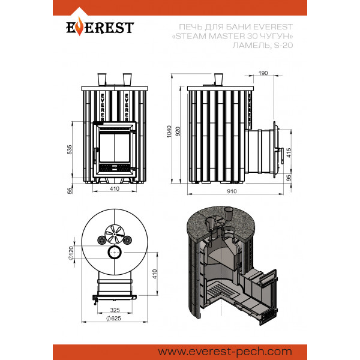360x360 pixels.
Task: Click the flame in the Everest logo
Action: pyautogui.click(x=79, y=26)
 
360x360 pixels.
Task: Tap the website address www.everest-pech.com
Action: pyautogui.click(x=225, y=352)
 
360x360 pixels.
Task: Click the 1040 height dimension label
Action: pyautogui.click(x=169, y=131)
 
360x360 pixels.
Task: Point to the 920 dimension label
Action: pyautogui.click(x=178, y=131)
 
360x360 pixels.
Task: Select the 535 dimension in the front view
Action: pyautogui.click(x=70, y=149)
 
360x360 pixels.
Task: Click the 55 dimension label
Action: pyautogui.click(x=70, y=191)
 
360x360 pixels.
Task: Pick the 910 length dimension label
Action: pyautogui.click(x=232, y=191)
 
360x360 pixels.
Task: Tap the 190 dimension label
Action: pyautogui.click(x=263, y=73)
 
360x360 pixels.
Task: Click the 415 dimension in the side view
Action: pyautogui.click(x=289, y=152)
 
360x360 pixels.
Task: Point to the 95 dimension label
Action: pyautogui.click(x=289, y=178)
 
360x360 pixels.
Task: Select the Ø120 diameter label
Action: pyautogui.click(x=71, y=253)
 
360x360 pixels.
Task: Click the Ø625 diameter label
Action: pyautogui.click(x=113, y=318)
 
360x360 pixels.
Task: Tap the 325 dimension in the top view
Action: pyautogui.click(x=115, y=310)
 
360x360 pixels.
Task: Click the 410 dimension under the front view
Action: pyautogui.click(x=115, y=189)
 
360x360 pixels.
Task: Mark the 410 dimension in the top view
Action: pyautogui.click(x=155, y=274)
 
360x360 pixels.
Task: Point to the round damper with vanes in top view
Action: pyautogui.click(x=115, y=234)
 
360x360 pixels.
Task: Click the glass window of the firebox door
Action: pyautogui.click(x=115, y=148)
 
